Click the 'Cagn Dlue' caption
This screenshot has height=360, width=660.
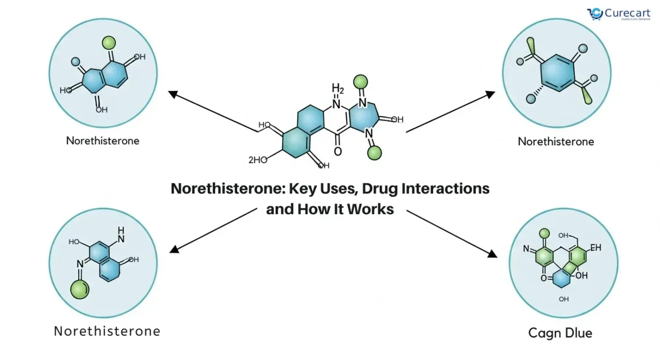click(560, 333)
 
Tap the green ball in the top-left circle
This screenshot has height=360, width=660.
click(108, 42)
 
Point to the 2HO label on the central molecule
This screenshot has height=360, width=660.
click(257, 160)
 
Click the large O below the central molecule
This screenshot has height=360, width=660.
click(338, 151)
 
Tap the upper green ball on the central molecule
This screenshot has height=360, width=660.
click(360, 81)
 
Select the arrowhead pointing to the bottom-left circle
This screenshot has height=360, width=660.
click(174, 249)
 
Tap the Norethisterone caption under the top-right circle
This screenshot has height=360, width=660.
click(555, 142)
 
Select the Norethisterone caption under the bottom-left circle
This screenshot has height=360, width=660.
click(107, 332)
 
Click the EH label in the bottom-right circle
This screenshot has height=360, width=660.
click(596, 248)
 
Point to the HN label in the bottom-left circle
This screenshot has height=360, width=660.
click(121, 234)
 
